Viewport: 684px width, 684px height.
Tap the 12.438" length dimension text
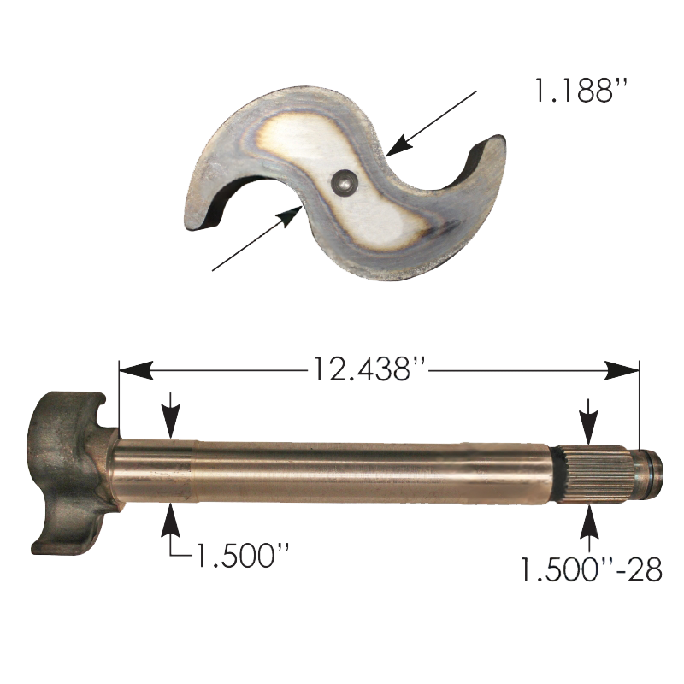pyautogui.click(x=367, y=369)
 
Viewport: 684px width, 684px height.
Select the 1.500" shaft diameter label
pyautogui.click(x=243, y=555)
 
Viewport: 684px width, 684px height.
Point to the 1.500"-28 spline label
pyautogui.click(x=592, y=569)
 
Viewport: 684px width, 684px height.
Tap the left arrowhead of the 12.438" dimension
pyautogui.click(x=136, y=370)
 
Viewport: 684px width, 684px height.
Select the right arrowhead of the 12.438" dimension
pyautogui.click(x=622, y=370)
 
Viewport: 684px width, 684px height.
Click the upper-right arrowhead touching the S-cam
pyautogui.click(x=399, y=144)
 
